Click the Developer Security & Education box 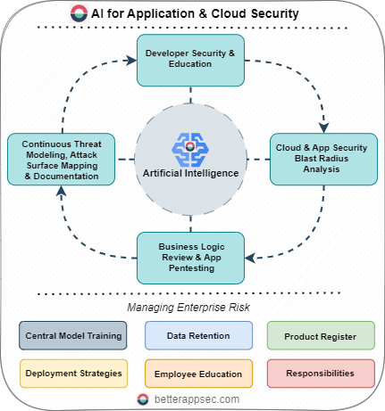(190, 61)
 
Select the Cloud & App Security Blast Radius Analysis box (322, 159)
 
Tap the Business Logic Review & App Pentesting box (190, 258)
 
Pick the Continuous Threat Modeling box (60, 159)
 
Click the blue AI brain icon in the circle (190, 146)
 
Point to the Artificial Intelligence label (190, 173)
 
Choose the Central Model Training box (67, 335)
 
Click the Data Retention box (198, 335)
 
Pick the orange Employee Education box (198, 373)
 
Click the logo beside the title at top (80, 13)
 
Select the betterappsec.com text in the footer (201, 399)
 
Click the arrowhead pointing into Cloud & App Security (322, 124)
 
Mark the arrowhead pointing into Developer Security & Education (130, 62)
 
